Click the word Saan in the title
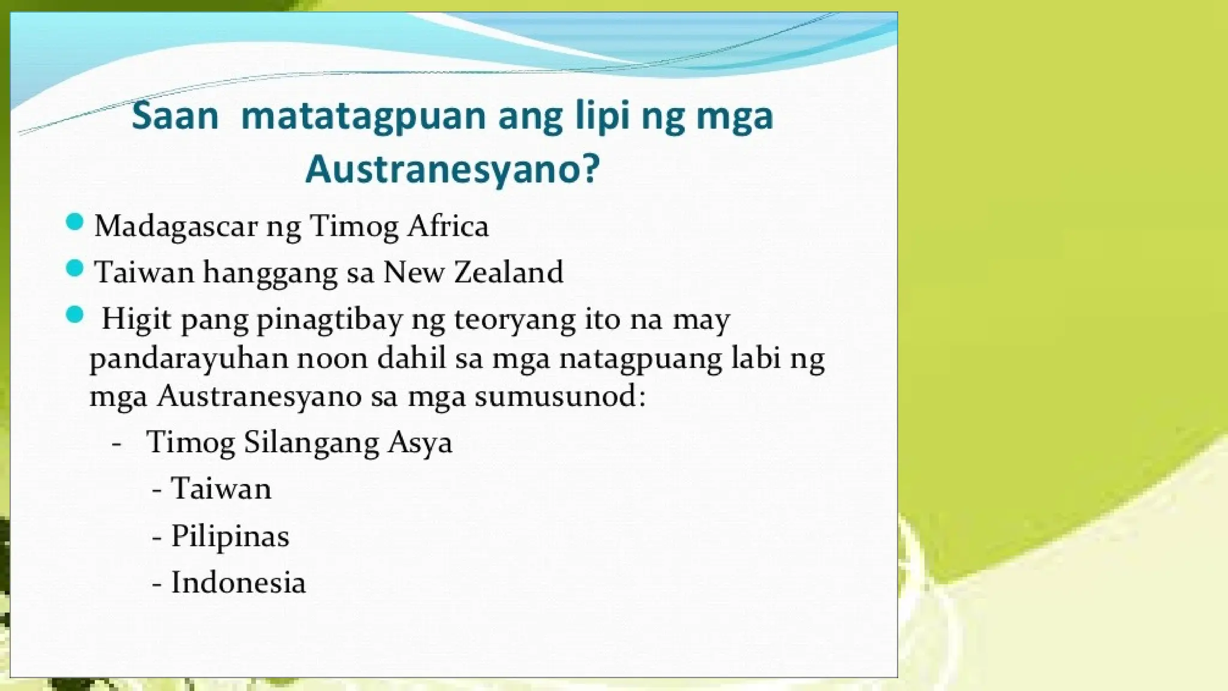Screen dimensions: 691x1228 pos(175,116)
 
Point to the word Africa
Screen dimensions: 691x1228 pos(448,226)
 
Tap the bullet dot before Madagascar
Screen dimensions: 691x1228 pos(74,223)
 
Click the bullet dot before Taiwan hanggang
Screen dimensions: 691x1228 pos(74,269)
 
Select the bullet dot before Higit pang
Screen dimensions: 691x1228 pos(74,315)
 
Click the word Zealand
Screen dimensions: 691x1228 pos(508,272)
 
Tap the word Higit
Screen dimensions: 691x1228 pos(136,319)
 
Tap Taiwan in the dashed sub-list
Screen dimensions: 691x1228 pos(221,489)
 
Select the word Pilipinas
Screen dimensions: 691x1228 pos(230,536)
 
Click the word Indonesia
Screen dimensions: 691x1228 pos(239,582)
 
